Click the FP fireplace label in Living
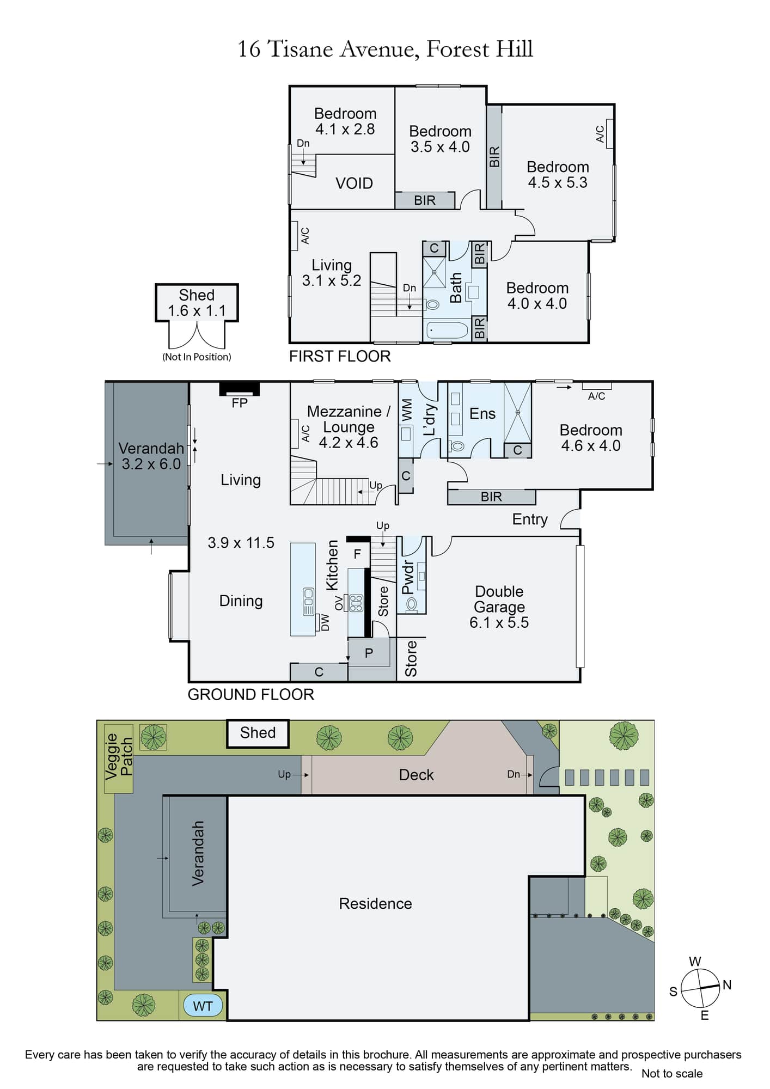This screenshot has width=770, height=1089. pyautogui.click(x=240, y=403)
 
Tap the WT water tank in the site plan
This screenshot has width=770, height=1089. pyautogui.click(x=203, y=1006)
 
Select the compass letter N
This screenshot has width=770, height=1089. pyautogui.click(x=727, y=984)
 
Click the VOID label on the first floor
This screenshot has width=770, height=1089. pyautogui.click(x=354, y=183)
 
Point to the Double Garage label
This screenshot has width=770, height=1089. pyautogui.click(x=499, y=599)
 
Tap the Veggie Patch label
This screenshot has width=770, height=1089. pyautogui.click(x=119, y=756)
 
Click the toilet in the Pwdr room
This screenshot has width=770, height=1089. pyautogui.click(x=411, y=604)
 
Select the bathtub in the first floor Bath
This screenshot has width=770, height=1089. pyautogui.click(x=447, y=330)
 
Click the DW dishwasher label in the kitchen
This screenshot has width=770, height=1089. pyautogui.click(x=325, y=622)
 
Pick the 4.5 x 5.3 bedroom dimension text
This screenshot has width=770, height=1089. pyautogui.click(x=558, y=182)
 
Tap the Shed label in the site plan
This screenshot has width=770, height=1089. pyautogui.click(x=258, y=732)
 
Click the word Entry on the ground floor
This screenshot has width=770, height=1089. pyautogui.click(x=530, y=519)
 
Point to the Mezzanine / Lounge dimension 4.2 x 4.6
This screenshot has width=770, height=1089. pyautogui.click(x=349, y=443)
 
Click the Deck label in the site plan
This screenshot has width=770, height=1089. pyautogui.click(x=416, y=775)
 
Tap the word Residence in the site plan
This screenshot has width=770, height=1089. pyautogui.click(x=375, y=903)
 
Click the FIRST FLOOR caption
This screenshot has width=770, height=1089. pyautogui.click(x=340, y=356)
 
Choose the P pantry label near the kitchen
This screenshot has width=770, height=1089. pyautogui.click(x=369, y=653)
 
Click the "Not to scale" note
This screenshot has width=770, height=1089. pyautogui.click(x=672, y=1073)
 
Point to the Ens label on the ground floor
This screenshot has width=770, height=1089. pyautogui.click(x=482, y=414)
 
